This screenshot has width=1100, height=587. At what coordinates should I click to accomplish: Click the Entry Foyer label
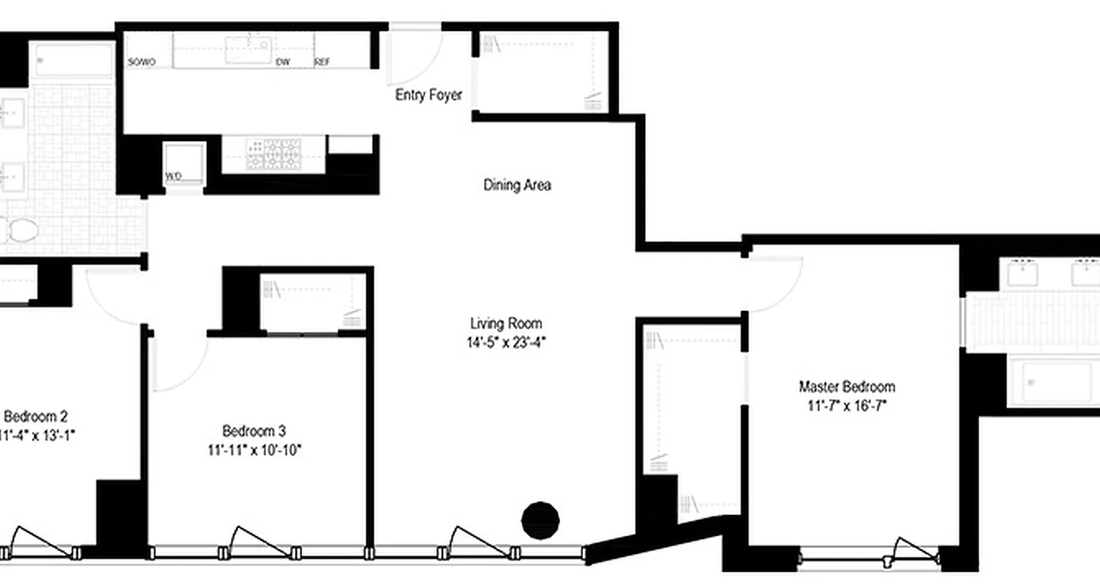[429, 95]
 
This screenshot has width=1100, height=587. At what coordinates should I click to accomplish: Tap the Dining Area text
[517, 186]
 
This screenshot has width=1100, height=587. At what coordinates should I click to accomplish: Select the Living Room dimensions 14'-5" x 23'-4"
[507, 341]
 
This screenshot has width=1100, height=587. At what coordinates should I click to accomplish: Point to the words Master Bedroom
[847, 387]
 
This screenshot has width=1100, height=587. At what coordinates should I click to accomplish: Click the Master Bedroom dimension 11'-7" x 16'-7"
[847, 405]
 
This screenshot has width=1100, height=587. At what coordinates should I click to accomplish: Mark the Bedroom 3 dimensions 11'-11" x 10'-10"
[254, 449]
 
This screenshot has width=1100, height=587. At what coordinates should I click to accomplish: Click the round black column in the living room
[540, 520]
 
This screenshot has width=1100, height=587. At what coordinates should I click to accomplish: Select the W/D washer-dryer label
[174, 176]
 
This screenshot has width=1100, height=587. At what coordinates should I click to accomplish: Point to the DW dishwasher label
[282, 63]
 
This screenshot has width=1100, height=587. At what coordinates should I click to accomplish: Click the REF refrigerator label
[322, 63]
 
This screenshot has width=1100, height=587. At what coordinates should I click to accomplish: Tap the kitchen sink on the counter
[247, 50]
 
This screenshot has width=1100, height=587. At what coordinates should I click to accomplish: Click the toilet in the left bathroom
[18, 231]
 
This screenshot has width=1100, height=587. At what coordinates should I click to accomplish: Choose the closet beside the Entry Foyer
[543, 72]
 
